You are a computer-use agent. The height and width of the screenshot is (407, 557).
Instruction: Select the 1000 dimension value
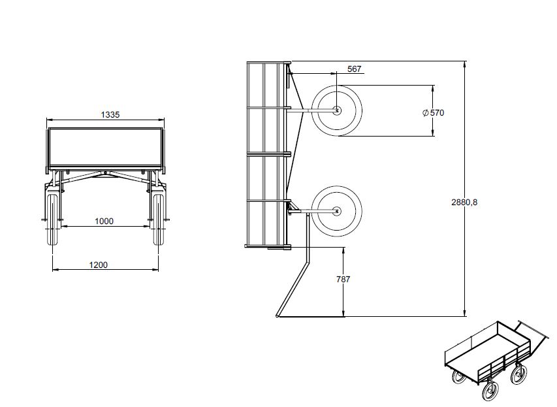coord(104,221)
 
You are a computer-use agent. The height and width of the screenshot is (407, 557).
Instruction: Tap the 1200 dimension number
coord(98,265)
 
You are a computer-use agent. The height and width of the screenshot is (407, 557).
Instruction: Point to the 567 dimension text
coord(354,69)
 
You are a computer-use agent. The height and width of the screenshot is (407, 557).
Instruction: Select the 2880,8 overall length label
coord(464,202)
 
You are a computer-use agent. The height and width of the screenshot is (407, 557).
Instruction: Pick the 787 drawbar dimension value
coord(343,279)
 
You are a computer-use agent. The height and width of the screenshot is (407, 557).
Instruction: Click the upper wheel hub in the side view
coord(336,111)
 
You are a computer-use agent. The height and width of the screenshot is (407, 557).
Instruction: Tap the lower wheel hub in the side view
coord(336,210)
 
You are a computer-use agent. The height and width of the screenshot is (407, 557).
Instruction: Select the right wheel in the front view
coord(157,220)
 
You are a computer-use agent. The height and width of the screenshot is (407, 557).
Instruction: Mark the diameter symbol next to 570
coord(426,112)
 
